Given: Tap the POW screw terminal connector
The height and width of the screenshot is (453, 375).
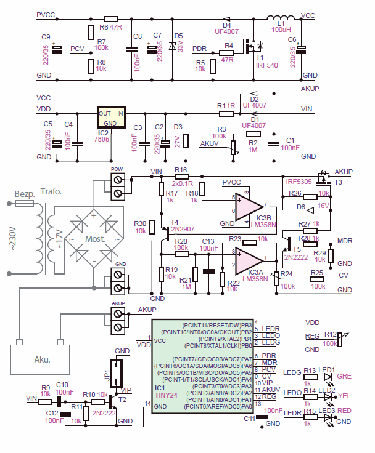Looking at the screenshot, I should tap(118, 185).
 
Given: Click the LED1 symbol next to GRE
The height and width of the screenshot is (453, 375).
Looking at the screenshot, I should tap(327, 376).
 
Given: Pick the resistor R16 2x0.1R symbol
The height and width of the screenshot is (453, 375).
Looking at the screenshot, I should tap(181, 176).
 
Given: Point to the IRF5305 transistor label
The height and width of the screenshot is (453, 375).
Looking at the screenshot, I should tap(299, 182).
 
